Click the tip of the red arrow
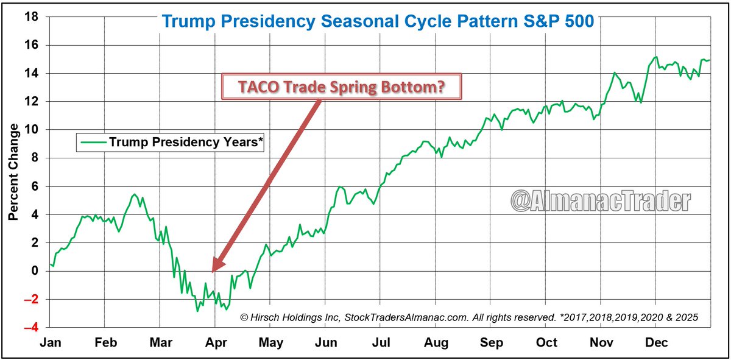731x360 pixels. pos(213,270)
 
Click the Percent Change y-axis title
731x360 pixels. pos(13,172)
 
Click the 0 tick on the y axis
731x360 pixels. pos(35,270)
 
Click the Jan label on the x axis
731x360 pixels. pos(49,342)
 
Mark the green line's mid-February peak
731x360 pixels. pos(135,194)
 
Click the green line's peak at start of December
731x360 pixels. pos(655,57)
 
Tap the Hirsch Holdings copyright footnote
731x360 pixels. pos(469,317)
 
